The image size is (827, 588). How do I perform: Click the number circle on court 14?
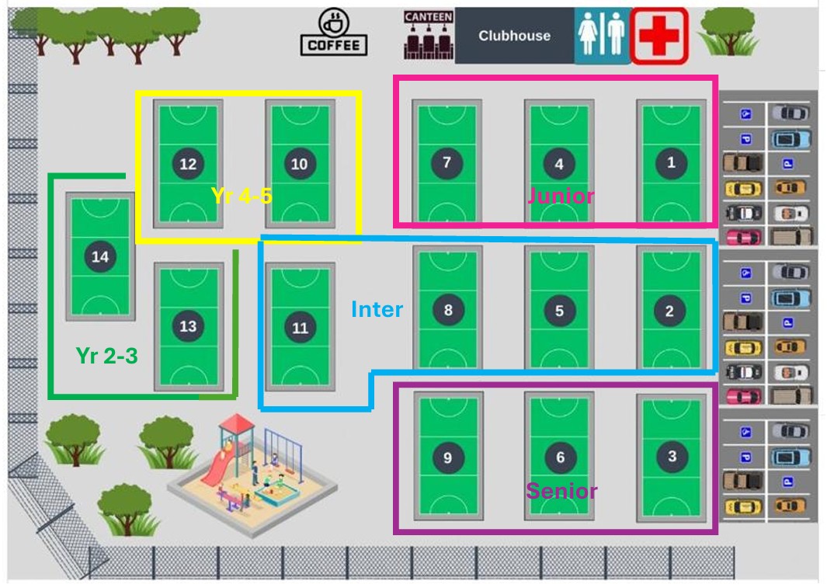100,256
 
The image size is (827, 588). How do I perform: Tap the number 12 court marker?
188,164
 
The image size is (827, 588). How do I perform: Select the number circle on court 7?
447,162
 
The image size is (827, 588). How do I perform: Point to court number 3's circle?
672,456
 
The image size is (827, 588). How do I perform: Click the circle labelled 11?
301,328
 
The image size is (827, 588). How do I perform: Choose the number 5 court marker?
559,311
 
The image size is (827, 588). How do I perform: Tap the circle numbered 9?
447,458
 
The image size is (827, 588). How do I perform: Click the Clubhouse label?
514,36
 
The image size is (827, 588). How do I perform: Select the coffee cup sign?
334,33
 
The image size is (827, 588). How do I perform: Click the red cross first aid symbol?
659,36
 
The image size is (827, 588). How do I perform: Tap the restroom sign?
601,36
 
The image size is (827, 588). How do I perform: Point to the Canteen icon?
428,35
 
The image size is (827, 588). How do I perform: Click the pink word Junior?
561,196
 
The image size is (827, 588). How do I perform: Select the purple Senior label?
561,491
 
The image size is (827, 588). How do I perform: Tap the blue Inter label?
377,309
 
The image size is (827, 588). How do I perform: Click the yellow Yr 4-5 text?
241,196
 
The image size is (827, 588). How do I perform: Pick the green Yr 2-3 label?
107,356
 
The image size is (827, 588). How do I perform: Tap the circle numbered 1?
671,162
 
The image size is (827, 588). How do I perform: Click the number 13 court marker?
188,326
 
